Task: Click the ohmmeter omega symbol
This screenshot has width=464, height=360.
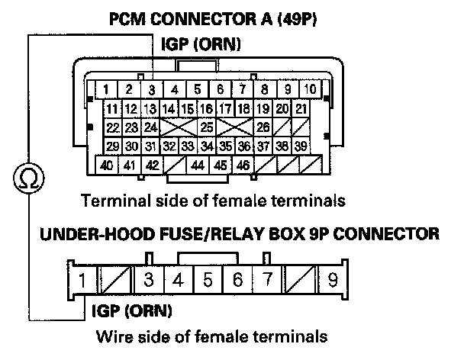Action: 29,178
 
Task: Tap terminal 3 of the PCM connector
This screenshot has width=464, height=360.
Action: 152,89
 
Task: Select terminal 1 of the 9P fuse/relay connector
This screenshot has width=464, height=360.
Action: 82,279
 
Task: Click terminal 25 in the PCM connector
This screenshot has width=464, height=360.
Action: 207,127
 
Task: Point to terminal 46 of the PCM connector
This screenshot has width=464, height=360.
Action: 243,165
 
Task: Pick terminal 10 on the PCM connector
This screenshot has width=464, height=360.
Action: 310,88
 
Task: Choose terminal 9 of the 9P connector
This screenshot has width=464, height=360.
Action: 333,279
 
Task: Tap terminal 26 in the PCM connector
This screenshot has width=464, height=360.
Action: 263,127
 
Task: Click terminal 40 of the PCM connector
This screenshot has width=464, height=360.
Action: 107,165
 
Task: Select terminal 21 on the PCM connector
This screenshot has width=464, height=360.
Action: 301,108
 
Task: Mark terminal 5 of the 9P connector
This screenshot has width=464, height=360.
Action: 208,279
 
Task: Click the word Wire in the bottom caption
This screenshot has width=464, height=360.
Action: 114,336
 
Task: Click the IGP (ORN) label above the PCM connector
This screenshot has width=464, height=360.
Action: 201,44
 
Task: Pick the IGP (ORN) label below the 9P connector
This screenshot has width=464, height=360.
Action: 132,311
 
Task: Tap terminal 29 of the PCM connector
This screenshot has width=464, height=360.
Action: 112,146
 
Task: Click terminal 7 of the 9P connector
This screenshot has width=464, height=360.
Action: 267,279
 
